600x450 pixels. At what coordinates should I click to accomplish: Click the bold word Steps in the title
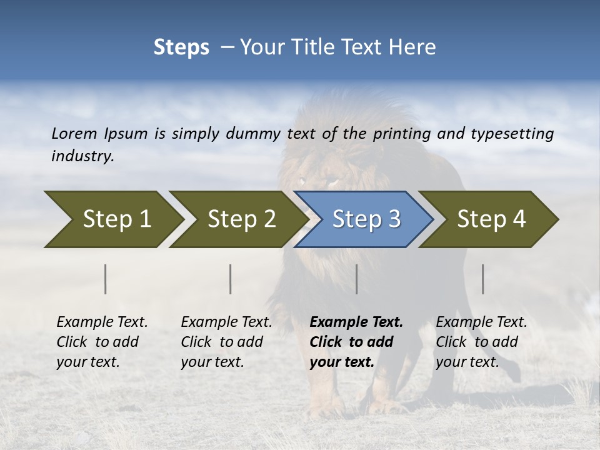[181, 47]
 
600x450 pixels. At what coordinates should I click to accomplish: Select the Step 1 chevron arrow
[112, 219]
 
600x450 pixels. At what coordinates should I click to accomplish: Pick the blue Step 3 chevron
[364, 219]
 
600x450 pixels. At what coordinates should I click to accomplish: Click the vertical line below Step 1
[106, 279]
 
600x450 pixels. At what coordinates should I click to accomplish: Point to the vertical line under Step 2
[231, 279]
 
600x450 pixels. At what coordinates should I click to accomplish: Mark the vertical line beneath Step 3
[356, 279]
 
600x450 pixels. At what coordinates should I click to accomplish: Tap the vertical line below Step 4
[483, 279]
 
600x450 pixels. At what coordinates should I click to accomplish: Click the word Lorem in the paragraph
[74, 133]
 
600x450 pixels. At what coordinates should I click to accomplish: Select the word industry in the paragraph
[82, 156]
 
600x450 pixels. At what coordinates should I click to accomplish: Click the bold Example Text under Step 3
[356, 322]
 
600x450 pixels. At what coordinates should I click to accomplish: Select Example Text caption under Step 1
[102, 322]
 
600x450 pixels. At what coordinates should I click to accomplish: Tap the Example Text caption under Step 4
[481, 322]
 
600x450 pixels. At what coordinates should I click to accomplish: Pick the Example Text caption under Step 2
[226, 322]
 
